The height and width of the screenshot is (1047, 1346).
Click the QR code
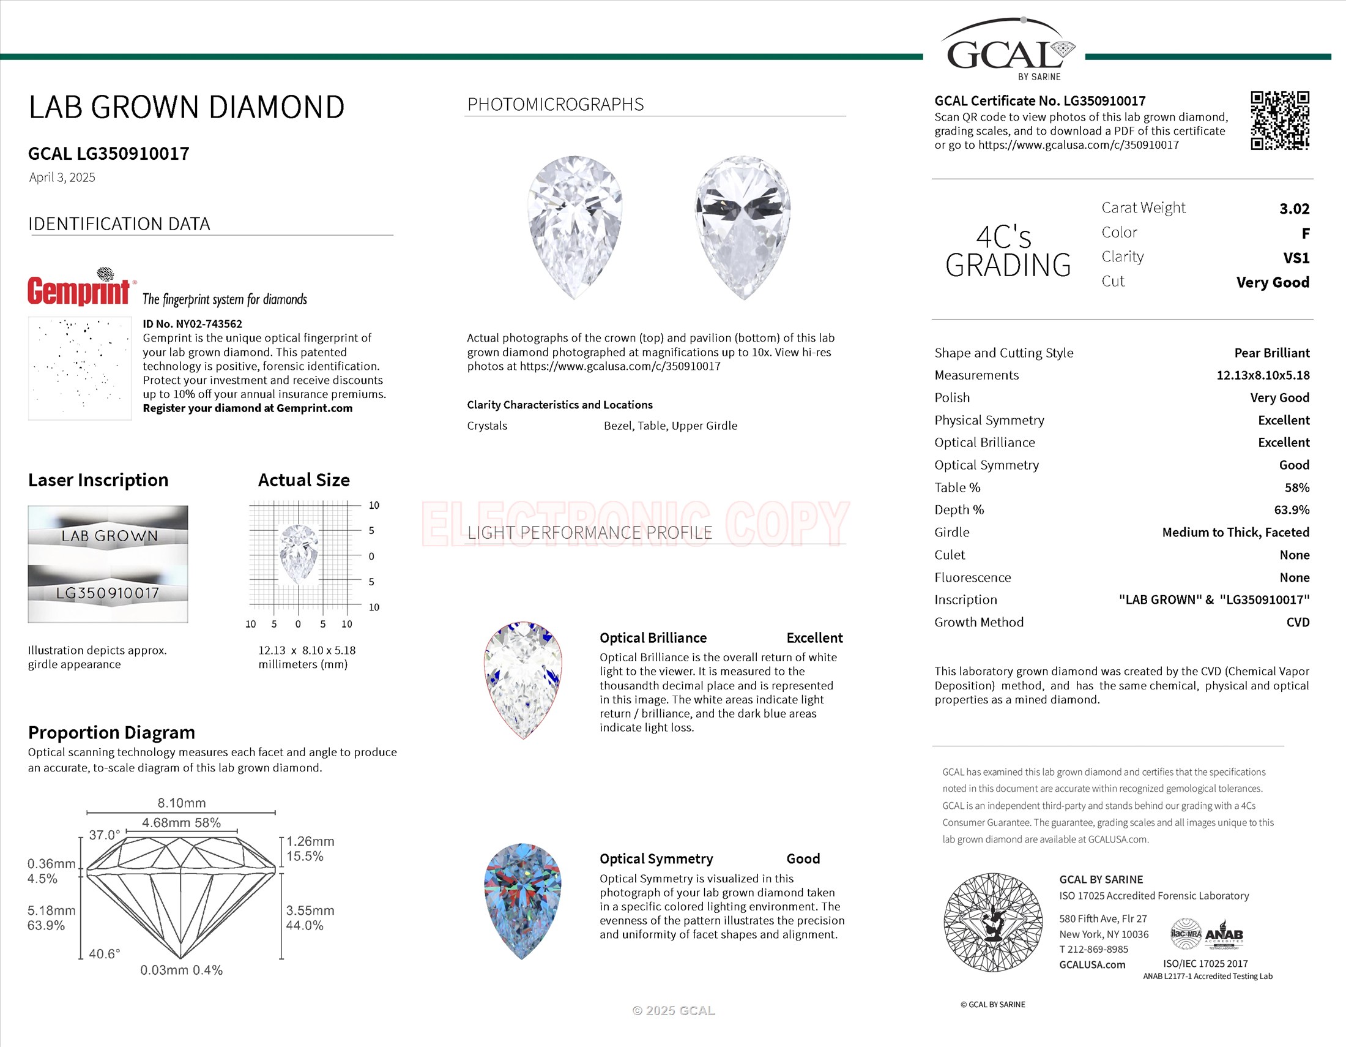tap(1279, 121)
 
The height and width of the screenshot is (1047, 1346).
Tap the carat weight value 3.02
tap(1293, 209)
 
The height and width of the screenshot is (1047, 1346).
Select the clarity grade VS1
tap(1295, 258)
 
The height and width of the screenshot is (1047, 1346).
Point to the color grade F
tap(1305, 234)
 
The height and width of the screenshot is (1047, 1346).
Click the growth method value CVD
tap(1297, 622)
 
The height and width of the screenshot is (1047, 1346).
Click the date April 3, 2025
tap(62, 178)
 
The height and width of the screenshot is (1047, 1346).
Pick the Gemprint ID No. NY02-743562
tap(192, 324)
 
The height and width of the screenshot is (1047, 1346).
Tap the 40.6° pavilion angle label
tap(104, 954)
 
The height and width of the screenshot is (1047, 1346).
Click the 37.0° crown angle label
tap(104, 835)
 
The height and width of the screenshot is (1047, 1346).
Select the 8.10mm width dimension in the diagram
tap(181, 803)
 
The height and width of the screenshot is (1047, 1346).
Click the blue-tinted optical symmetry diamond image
tap(522, 901)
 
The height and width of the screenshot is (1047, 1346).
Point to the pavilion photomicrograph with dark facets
tap(743, 227)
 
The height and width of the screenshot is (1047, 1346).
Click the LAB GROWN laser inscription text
tap(109, 536)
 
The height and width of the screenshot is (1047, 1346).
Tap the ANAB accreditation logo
tap(1224, 936)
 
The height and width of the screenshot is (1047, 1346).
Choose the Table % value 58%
tap(1296, 488)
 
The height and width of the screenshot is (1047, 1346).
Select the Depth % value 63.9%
tap(1291, 510)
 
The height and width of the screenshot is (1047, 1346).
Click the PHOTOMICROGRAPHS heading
tap(556, 105)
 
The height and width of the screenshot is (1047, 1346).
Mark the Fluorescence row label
tap(972, 578)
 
